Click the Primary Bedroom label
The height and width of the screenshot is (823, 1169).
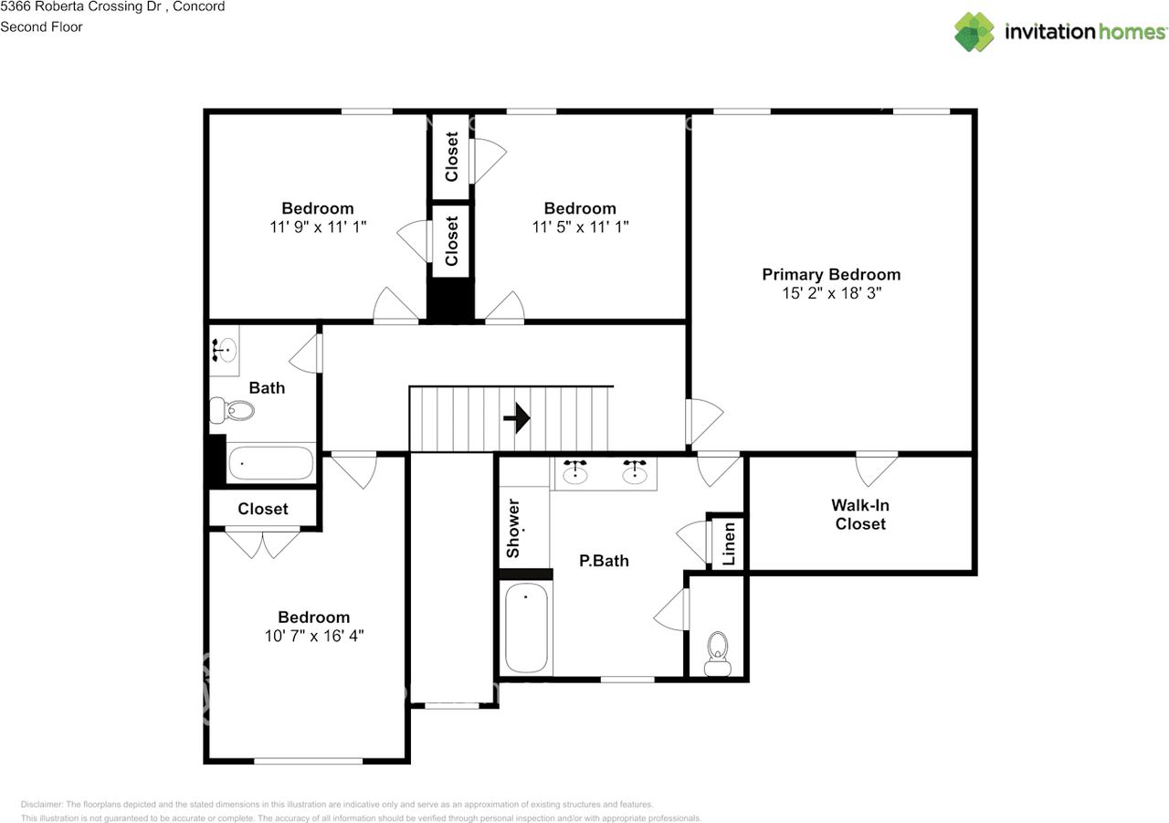(831, 274)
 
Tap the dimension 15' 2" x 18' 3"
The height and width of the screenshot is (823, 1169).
(831, 294)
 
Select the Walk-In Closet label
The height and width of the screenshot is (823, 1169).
(860, 514)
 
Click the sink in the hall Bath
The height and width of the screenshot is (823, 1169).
(225, 349)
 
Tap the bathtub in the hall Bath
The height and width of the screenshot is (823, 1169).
(270, 463)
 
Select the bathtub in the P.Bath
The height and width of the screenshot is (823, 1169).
(527, 628)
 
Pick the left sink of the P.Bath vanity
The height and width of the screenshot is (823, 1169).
(575, 472)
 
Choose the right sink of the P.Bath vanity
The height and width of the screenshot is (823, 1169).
(635, 472)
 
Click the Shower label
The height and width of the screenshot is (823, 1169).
(513, 529)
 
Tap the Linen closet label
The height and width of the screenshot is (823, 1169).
(729, 544)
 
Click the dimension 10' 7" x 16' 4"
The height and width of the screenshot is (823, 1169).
(314, 636)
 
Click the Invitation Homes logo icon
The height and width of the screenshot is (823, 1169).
(974, 32)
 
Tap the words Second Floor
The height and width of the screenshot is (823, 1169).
(41, 26)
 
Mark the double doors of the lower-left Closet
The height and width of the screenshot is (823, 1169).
(263, 543)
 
